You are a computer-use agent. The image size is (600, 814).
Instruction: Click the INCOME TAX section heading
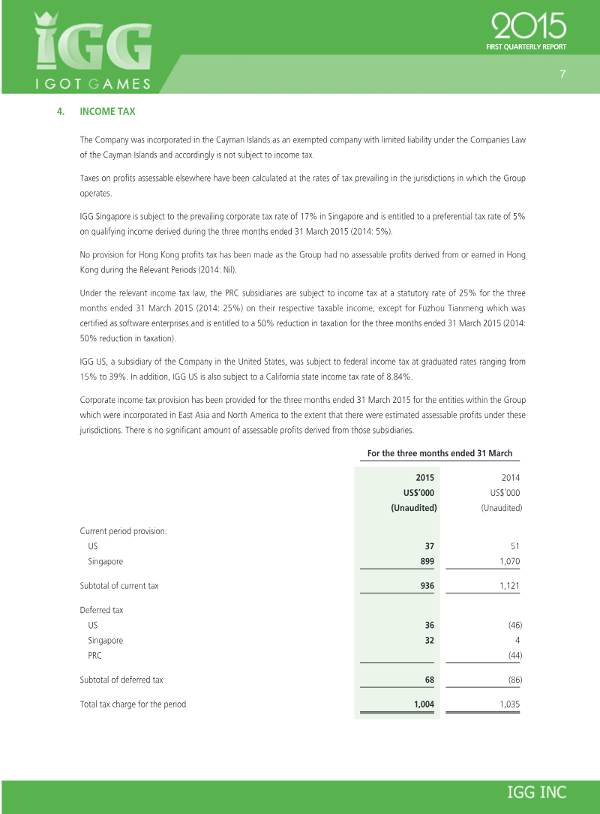tap(107, 112)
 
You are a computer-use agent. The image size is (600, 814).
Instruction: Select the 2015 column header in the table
tap(424, 477)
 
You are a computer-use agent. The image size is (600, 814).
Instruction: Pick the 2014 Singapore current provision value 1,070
tap(508, 561)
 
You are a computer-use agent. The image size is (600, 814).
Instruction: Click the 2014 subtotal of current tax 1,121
tap(509, 586)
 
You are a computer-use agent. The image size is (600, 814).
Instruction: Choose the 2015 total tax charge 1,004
tap(424, 704)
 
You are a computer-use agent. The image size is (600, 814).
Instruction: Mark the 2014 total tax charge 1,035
tap(509, 704)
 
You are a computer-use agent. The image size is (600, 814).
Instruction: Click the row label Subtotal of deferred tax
tap(121, 680)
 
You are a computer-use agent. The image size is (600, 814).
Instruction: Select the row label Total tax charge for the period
tap(133, 704)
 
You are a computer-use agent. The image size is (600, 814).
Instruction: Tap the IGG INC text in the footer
tap(537, 792)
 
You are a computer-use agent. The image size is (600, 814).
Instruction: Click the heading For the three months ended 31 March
tap(439, 453)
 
